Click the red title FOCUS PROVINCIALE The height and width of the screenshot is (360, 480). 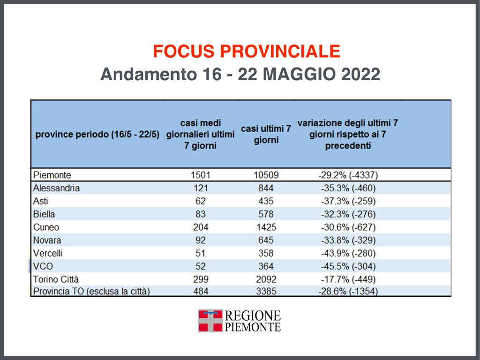tap(247, 51)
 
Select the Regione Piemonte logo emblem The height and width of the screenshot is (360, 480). tap(210, 321)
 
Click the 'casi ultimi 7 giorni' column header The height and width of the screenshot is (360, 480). tap(266, 134)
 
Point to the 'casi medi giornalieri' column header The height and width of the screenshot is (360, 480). tap(201, 134)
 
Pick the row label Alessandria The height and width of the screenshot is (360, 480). tap(57, 188)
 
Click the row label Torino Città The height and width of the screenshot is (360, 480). tap(56, 279)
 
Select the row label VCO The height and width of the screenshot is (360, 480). tap(43, 266)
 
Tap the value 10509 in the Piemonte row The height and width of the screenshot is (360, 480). tap(266, 175)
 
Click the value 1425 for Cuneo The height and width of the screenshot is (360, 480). tap(266, 227)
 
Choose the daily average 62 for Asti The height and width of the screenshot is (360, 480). tap(201, 201)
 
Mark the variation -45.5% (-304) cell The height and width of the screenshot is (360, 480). tap(347, 266)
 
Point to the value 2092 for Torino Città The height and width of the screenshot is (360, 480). tap(266, 279)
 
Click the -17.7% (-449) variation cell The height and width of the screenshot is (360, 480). tap(347, 279)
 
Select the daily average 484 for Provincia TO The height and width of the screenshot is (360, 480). tap(201, 292)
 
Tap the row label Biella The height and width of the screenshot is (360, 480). tap(44, 214)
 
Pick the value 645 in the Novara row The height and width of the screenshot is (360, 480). tap(266, 240)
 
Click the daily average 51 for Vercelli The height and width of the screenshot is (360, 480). tap(201, 253)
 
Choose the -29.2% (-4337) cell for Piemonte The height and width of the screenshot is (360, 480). tap(347, 175)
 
